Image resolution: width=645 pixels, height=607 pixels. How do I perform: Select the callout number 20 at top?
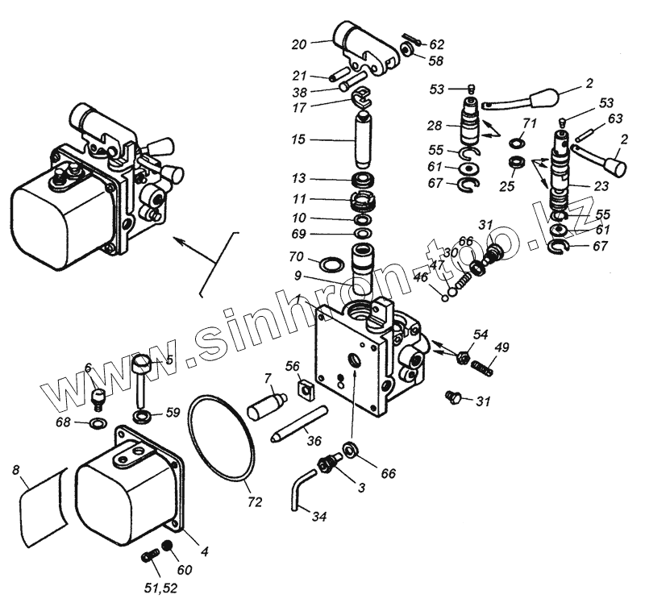point(299,44)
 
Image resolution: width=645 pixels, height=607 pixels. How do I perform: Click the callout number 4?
point(205,552)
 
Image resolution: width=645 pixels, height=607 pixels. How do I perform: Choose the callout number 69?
point(299,234)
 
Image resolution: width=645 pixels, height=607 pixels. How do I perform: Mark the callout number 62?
point(436,44)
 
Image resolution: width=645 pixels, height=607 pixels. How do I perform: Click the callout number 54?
point(481,334)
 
